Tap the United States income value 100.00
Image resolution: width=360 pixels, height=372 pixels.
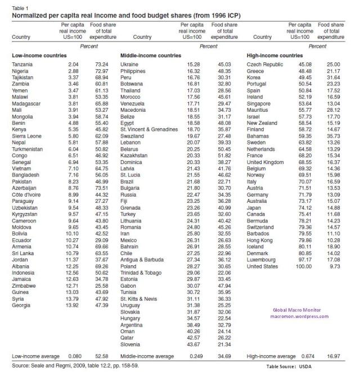pyautogui.click(x=302, y=266)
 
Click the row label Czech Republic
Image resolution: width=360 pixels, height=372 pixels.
pyautogui.click(x=263, y=65)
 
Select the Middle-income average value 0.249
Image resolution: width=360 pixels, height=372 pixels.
pyautogui.click(x=194, y=356)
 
